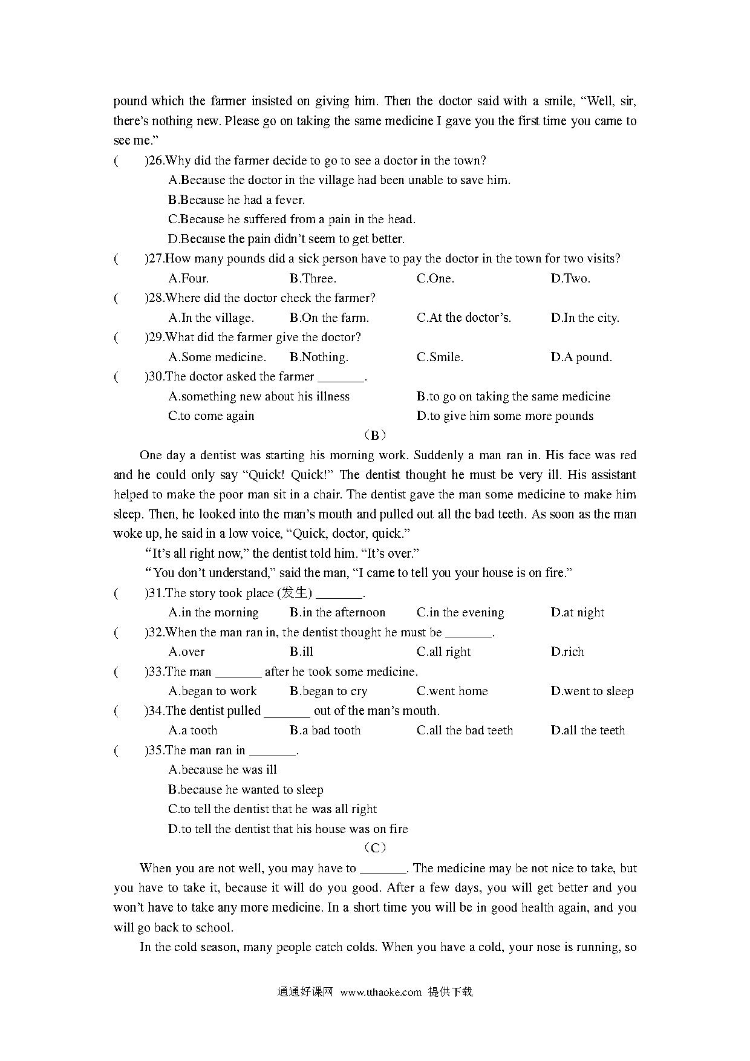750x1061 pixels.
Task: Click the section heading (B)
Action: pyautogui.click(x=375, y=435)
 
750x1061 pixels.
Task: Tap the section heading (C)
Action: pyautogui.click(x=375, y=848)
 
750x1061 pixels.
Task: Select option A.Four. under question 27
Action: pyautogui.click(x=188, y=278)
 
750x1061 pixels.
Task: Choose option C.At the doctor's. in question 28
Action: pyautogui.click(x=463, y=318)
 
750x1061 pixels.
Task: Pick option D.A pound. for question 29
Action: pyautogui.click(x=581, y=357)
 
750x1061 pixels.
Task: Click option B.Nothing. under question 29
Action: pyautogui.click(x=319, y=357)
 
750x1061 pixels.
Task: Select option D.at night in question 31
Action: pyautogui.click(x=577, y=612)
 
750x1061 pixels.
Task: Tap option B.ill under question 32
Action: pyautogui.click(x=301, y=651)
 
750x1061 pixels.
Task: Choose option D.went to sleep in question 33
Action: pyautogui.click(x=592, y=691)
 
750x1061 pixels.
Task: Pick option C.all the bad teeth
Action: pyautogui.click(x=465, y=730)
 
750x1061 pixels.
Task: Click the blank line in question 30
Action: pyautogui.click(x=341, y=377)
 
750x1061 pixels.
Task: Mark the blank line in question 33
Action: pyautogui.click(x=238, y=673)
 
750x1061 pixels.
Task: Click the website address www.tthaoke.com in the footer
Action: pyautogui.click(x=380, y=991)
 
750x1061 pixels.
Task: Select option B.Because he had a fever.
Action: pyautogui.click(x=236, y=200)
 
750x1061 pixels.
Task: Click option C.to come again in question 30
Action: pyautogui.click(x=211, y=416)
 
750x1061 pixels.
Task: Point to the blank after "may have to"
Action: pyautogui.click(x=383, y=869)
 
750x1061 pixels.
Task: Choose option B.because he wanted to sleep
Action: pyautogui.click(x=246, y=789)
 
